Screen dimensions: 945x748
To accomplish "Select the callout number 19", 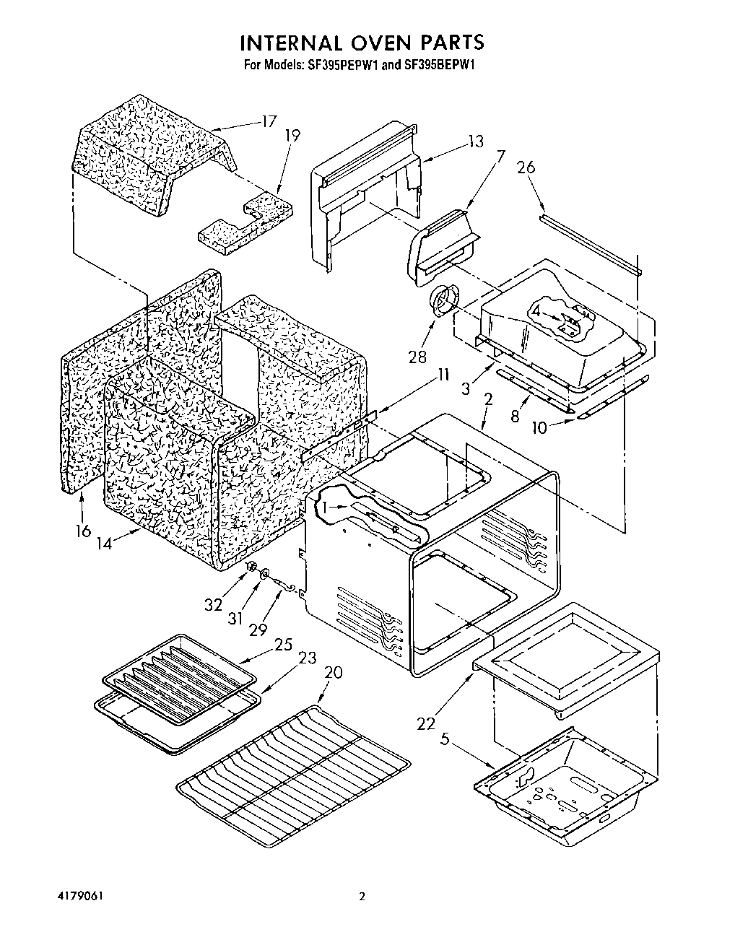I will click(x=292, y=135).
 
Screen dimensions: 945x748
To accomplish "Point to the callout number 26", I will click(x=526, y=167).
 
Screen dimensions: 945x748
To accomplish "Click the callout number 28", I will click(x=417, y=356).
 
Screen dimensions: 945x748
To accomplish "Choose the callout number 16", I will click(x=83, y=531).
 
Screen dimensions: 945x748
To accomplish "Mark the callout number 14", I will click(x=105, y=543).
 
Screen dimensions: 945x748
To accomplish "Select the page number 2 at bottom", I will click(x=363, y=897).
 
